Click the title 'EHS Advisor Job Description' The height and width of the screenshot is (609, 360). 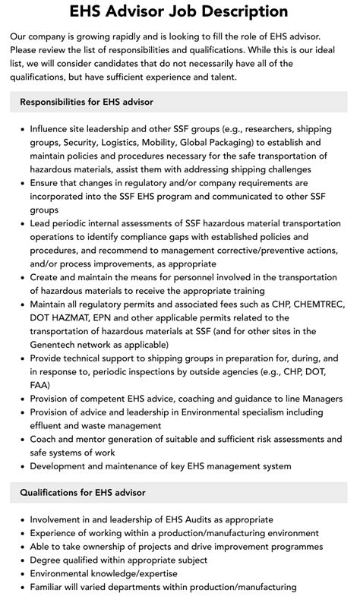click(179, 11)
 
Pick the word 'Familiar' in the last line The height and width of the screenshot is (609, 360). click(49, 588)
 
